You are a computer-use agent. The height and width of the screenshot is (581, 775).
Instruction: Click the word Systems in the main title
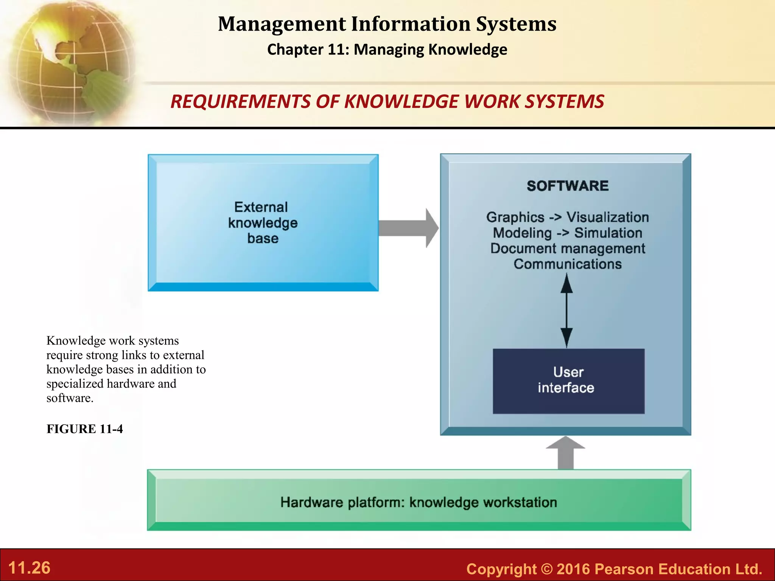pyautogui.click(x=516, y=24)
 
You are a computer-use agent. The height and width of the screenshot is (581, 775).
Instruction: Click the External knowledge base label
pyautogui.click(x=263, y=223)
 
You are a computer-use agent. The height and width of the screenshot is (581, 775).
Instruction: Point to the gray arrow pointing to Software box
pyautogui.click(x=408, y=228)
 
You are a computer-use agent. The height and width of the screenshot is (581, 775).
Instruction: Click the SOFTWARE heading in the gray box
pyautogui.click(x=568, y=186)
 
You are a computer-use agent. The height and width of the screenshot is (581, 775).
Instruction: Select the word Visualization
pyautogui.click(x=607, y=217)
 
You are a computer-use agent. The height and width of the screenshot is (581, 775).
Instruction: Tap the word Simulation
pyautogui.click(x=608, y=233)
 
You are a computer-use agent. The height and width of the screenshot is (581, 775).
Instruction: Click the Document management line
pyautogui.click(x=568, y=249)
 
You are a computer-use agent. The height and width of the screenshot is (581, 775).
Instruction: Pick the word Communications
pyautogui.click(x=568, y=264)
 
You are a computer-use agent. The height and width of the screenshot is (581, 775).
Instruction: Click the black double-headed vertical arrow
pyautogui.click(x=566, y=310)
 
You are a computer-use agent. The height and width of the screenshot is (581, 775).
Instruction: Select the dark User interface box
pyautogui.click(x=568, y=381)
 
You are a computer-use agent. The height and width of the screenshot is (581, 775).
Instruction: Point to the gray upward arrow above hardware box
pyautogui.click(x=566, y=453)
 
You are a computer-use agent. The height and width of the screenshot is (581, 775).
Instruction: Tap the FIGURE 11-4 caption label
pyautogui.click(x=85, y=429)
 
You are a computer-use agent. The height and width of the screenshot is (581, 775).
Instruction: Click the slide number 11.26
pyautogui.click(x=29, y=568)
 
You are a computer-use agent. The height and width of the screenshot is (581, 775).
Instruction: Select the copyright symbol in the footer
pyautogui.click(x=547, y=569)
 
